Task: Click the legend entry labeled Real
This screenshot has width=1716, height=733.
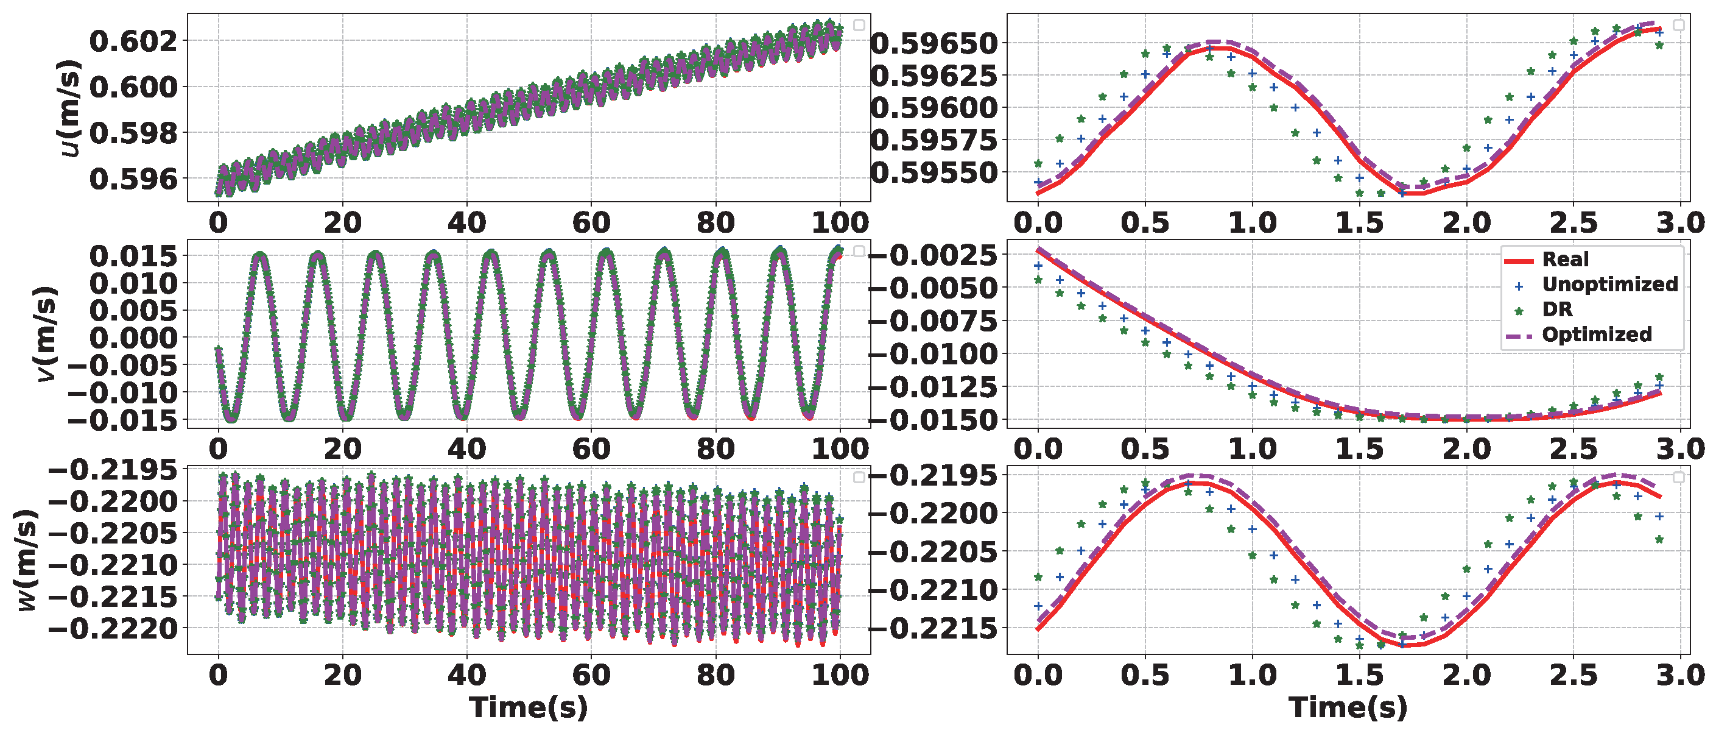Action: [x=1565, y=259]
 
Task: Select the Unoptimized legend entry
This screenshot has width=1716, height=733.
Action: [x=1609, y=285]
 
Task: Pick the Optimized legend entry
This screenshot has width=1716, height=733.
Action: [x=1597, y=335]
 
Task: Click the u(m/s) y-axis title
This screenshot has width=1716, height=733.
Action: [x=69, y=108]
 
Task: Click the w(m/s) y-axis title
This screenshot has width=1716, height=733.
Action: [x=27, y=560]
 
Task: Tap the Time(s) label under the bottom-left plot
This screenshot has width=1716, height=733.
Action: [x=528, y=707]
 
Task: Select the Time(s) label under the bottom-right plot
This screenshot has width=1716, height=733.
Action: [x=1348, y=707]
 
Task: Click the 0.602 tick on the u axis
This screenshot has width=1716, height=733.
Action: [x=134, y=41]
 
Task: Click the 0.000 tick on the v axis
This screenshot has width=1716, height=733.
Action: [x=134, y=338]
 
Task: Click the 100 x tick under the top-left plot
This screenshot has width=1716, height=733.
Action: [x=840, y=222]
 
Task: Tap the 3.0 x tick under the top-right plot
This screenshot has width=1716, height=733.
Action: [x=1680, y=222]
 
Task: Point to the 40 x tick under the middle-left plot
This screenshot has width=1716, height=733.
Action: [x=466, y=449]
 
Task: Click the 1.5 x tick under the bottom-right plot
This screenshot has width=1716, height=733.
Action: [x=1359, y=676]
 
